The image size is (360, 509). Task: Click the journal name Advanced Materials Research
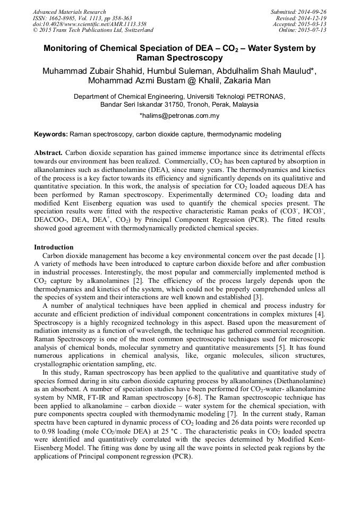pyautogui.click(x=69, y=12)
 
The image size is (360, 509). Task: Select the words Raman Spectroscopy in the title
pyautogui.click(x=179, y=57)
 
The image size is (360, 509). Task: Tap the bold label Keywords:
pyautogui.click(x=51, y=135)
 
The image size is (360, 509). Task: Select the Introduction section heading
pyautogui.click(x=54, y=247)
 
